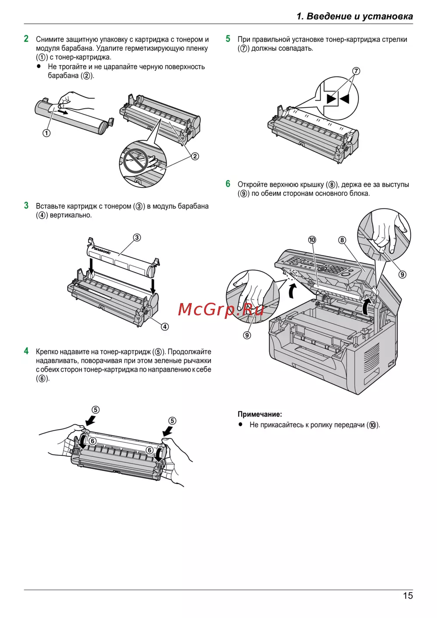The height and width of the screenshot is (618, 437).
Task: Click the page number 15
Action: [408, 596]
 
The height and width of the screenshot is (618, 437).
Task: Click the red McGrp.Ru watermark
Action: [221, 309]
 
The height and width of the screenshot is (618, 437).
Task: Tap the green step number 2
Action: [26, 38]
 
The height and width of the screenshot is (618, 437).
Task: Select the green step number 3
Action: [26, 205]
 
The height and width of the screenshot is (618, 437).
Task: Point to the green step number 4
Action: [26, 351]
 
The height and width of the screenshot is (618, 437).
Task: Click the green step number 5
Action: [228, 38]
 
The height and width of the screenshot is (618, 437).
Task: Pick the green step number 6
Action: [228, 184]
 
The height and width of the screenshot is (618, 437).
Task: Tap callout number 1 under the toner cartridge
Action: [46, 133]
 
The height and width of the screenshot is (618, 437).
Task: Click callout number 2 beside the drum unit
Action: [194, 157]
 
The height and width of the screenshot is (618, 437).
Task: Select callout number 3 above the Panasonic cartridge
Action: [137, 237]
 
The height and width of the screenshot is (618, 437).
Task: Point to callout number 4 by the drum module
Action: [165, 327]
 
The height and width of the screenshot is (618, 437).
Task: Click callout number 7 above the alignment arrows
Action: [356, 71]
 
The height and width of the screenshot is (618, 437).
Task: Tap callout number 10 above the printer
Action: [312, 240]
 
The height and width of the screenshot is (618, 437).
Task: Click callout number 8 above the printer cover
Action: [342, 240]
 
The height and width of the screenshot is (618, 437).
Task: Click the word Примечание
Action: [260, 414]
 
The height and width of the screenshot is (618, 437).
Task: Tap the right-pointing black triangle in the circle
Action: [332, 98]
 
